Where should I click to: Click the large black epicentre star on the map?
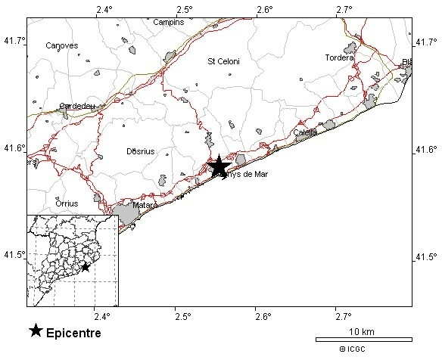(x=219, y=166)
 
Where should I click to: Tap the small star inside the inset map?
(x=86, y=267)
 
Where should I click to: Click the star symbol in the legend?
(x=36, y=331)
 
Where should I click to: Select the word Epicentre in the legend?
(x=73, y=332)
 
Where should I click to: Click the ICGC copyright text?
(x=354, y=349)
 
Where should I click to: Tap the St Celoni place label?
(x=223, y=61)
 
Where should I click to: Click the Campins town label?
(x=168, y=22)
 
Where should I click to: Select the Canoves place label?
(x=62, y=45)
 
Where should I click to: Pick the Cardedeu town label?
(x=77, y=107)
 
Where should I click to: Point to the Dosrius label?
(x=140, y=151)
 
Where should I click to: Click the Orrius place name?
(x=67, y=203)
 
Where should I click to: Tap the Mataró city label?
(x=145, y=205)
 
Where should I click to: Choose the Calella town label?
(x=305, y=133)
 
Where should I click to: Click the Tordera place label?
(x=339, y=57)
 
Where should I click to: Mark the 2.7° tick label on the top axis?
(x=344, y=9)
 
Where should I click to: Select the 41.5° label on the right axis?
(x=427, y=257)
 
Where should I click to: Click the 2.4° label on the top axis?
(x=105, y=9)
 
